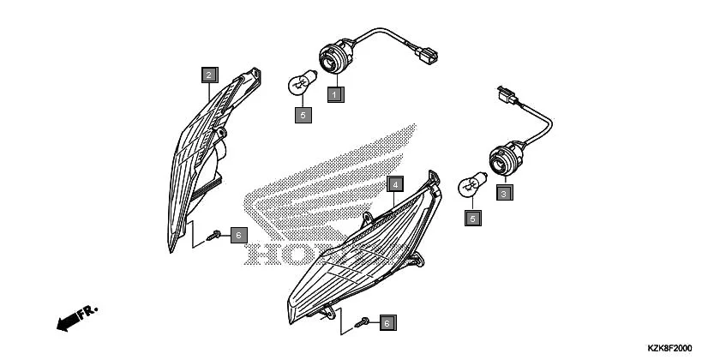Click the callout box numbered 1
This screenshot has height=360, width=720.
[x=336, y=92]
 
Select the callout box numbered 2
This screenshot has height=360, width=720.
[x=208, y=75]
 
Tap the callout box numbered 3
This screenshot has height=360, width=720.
[x=505, y=195]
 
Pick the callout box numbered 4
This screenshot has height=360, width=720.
[x=394, y=184]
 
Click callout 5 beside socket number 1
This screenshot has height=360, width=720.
[x=302, y=114]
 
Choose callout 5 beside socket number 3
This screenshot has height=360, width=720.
[x=471, y=219]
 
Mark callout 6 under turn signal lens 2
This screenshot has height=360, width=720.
[x=239, y=234]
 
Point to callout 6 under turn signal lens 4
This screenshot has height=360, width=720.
[x=387, y=323]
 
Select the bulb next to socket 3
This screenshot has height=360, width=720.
[x=469, y=183]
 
